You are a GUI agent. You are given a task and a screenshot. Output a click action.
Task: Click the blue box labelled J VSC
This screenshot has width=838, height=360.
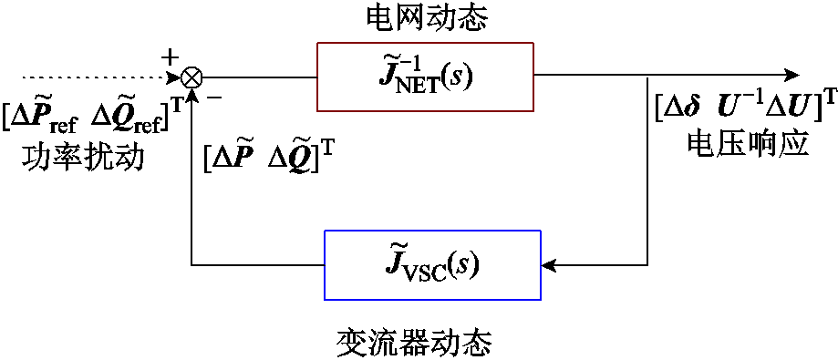[x=432, y=265]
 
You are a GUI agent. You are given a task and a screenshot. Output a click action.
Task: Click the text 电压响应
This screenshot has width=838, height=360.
[x=746, y=144]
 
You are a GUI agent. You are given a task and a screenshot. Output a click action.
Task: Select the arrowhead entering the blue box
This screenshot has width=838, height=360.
[x=549, y=265]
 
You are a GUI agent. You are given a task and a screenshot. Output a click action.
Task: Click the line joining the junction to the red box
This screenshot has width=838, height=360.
[x=259, y=77]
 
